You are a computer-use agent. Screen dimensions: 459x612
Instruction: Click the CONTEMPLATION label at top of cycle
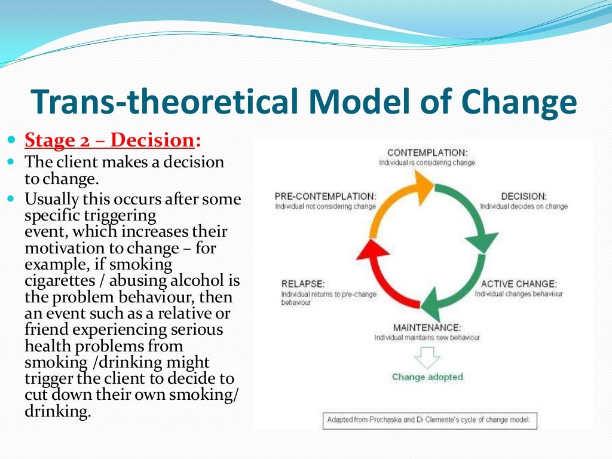(x=427, y=153)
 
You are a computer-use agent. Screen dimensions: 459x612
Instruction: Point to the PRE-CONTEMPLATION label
(x=325, y=196)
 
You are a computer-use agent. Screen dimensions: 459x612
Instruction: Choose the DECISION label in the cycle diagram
(x=524, y=196)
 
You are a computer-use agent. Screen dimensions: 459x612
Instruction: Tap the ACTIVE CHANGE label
(x=518, y=284)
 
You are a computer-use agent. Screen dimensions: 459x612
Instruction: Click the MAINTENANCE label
(x=427, y=328)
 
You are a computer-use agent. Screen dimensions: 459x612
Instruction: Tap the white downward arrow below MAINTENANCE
(x=427, y=357)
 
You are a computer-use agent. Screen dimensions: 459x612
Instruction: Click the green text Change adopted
(x=427, y=377)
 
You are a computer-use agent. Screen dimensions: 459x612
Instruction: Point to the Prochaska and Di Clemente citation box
(x=429, y=420)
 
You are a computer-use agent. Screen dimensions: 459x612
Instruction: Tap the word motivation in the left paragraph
(x=62, y=248)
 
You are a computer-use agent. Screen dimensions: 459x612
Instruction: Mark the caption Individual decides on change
(x=524, y=207)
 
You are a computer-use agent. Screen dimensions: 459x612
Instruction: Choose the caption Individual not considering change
(x=325, y=207)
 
